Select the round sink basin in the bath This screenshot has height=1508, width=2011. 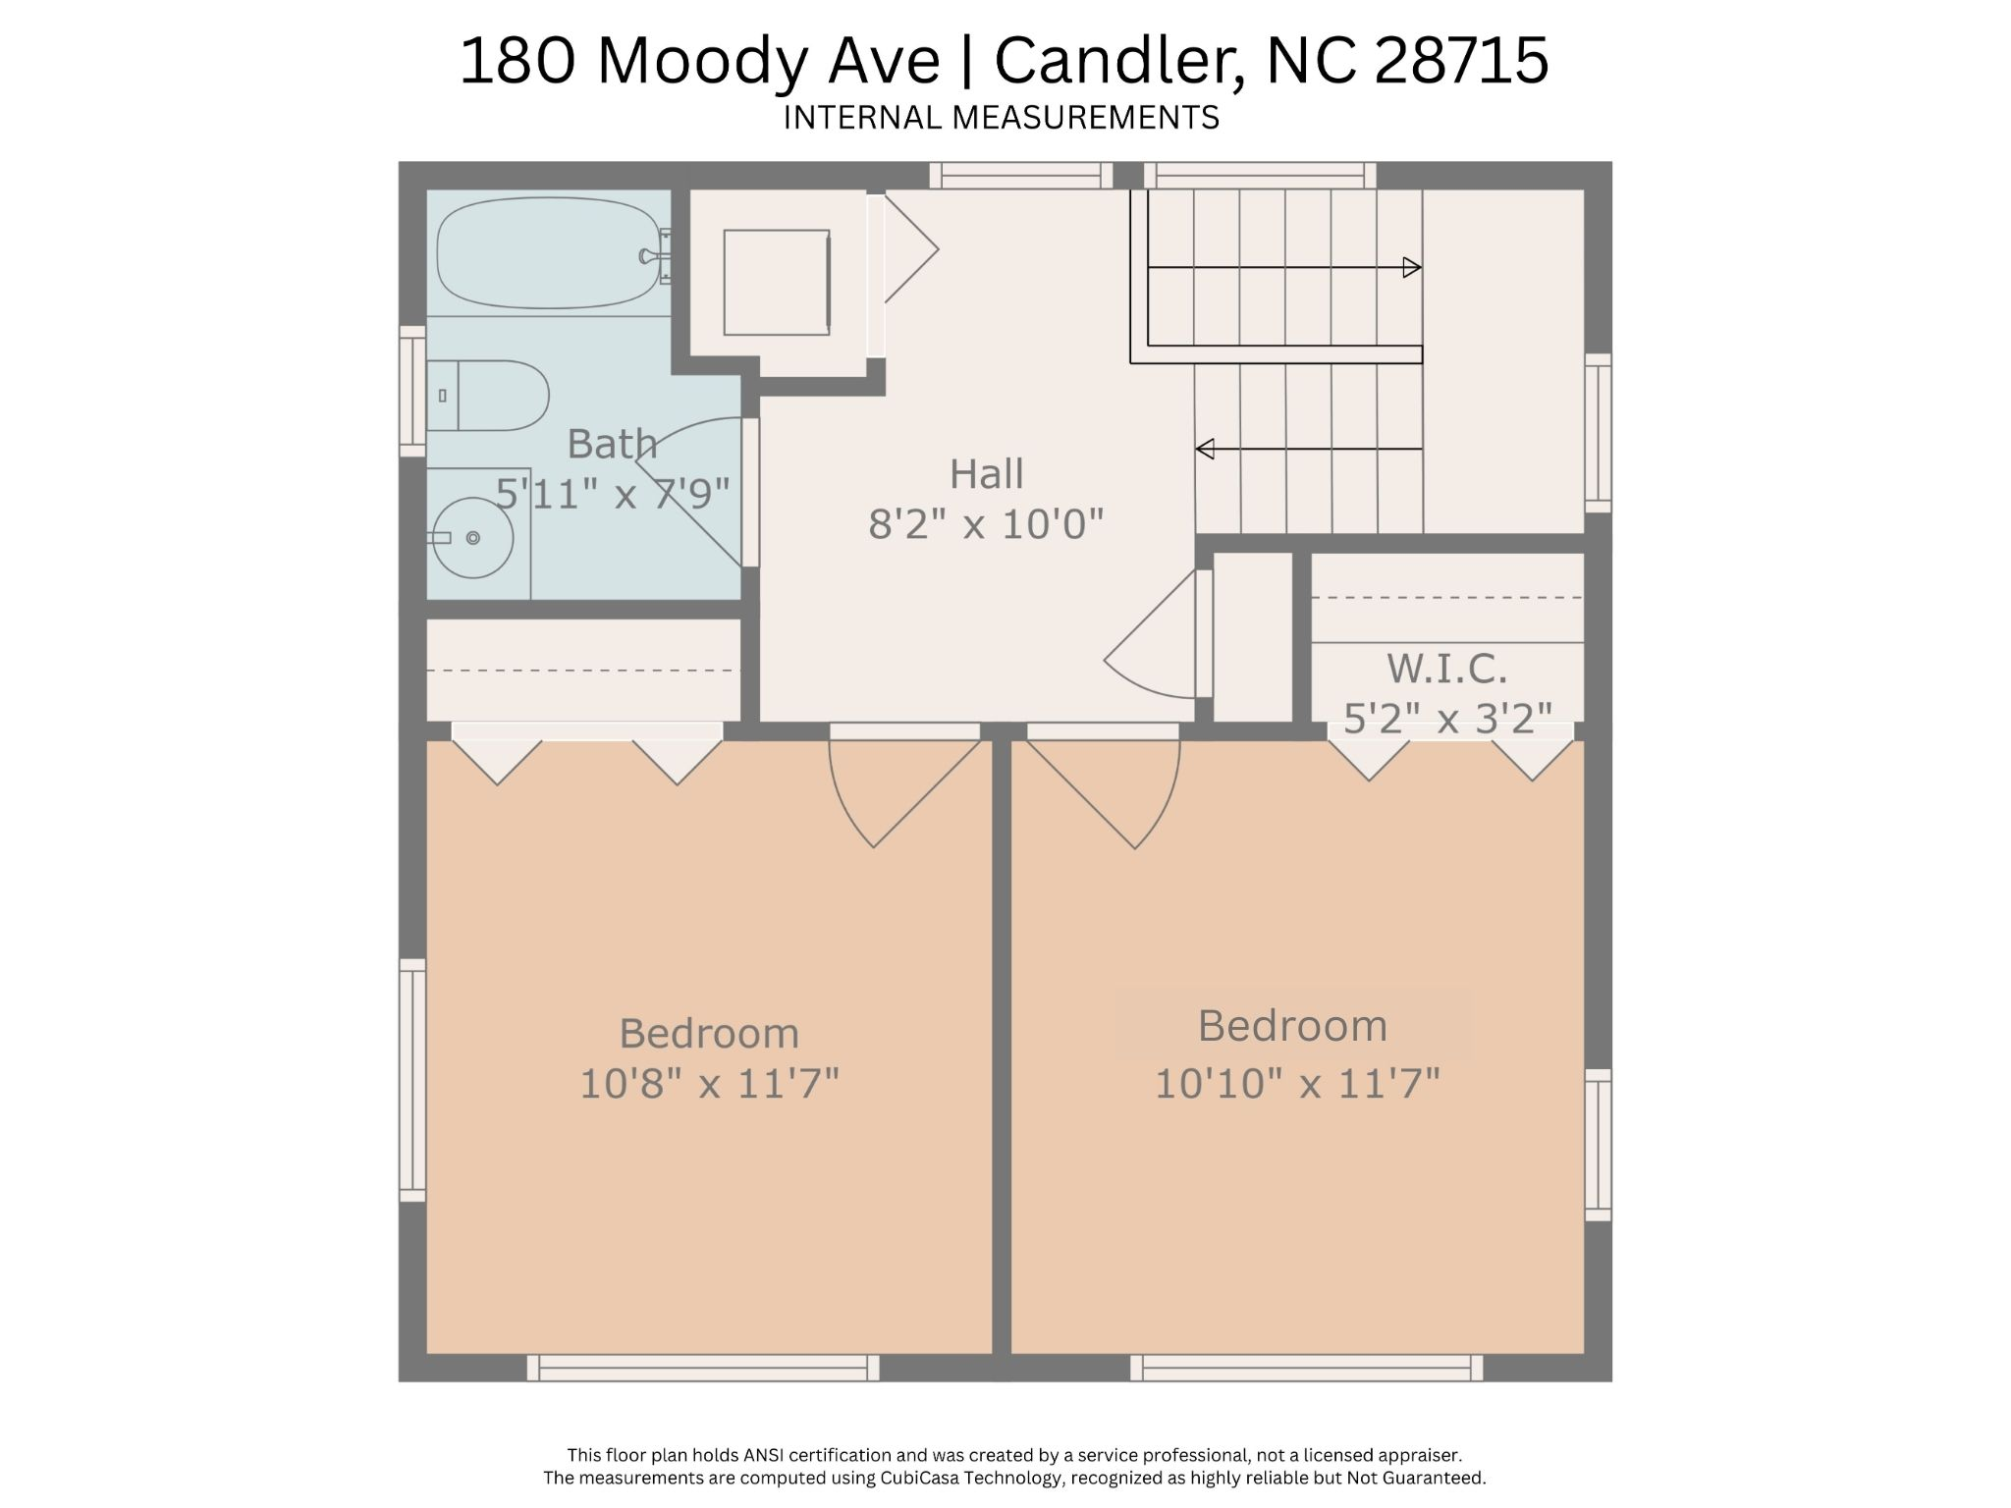(x=474, y=537)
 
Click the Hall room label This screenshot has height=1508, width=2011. (x=986, y=474)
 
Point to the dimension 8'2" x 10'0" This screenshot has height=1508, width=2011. (x=986, y=524)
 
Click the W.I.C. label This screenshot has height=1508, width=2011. (x=1446, y=670)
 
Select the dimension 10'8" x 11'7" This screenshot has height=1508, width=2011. (x=709, y=1084)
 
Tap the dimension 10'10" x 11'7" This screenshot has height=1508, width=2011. (x=1297, y=1084)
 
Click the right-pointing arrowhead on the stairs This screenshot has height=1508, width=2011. (x=1412, y=267)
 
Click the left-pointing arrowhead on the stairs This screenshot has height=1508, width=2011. (x=1205, y=449)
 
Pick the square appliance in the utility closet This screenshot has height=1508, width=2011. (x=776, y=283)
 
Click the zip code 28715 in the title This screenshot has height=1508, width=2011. (x=1460, y=61)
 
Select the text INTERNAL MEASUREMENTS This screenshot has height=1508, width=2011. (x=1001, y=118)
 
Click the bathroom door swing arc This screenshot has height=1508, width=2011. (x=687, y=491)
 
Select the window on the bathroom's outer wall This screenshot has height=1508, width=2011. (x=412, y=392)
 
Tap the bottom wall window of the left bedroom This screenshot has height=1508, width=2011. (x=703, y=1368)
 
